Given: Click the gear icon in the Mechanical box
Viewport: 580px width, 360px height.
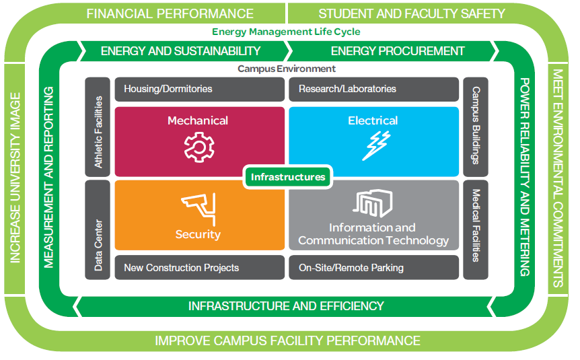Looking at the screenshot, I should [197, 147].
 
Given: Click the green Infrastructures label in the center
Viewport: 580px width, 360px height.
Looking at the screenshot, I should [287, 177].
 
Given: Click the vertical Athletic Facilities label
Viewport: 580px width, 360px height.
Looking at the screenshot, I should [98, 132].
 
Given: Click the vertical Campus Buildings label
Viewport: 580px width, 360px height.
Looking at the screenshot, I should [476, 125].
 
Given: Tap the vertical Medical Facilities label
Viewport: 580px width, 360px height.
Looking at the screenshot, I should [476, 225].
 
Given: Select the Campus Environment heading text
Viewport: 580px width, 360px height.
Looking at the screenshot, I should [287, 69].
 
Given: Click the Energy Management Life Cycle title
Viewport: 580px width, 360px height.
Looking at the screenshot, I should [286, 32].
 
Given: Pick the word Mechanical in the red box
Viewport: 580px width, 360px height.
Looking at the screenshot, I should [198, 121].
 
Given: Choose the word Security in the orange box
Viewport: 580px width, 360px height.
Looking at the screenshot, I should [198, 234].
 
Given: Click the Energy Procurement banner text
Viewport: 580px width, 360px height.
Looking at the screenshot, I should [398, 51].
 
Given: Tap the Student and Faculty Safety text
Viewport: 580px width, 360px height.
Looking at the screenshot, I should [411, 13].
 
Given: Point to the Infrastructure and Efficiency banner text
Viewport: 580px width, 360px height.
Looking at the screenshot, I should [286, 306].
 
